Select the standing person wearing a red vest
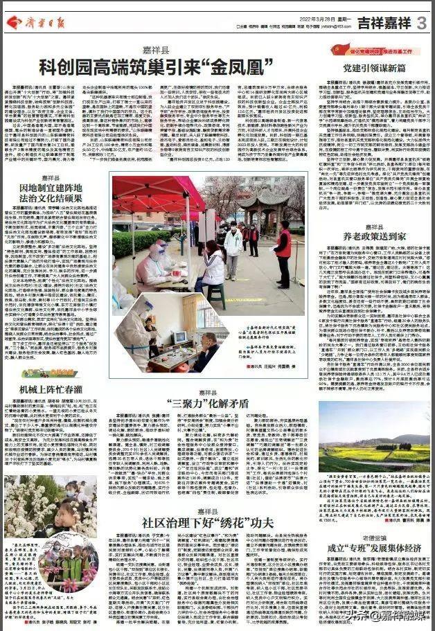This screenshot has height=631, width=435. pos(283,249)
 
